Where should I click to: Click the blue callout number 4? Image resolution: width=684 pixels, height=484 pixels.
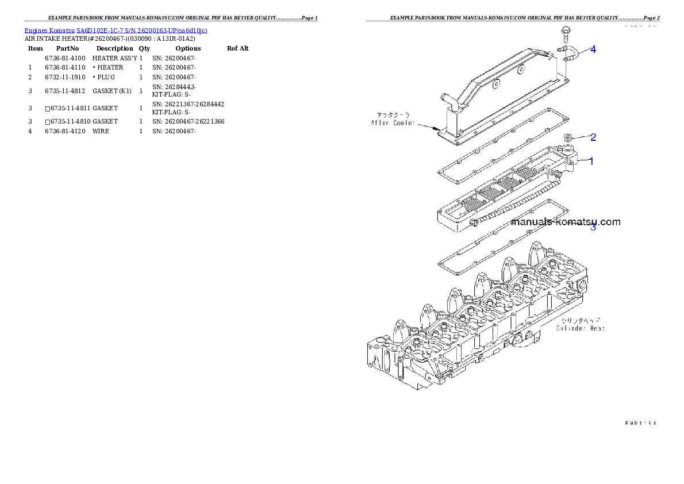point(593,49)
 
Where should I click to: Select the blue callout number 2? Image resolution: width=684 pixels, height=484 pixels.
point(593,137)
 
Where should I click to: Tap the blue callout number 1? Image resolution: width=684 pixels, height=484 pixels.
point(591,162)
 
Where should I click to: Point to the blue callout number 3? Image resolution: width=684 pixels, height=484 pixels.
point(593,228)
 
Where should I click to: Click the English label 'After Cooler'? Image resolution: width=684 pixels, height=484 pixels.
point(393,123)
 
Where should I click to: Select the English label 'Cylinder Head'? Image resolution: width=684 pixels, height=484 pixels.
point(580,329)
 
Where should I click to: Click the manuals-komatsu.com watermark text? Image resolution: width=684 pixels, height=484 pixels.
point(566,222)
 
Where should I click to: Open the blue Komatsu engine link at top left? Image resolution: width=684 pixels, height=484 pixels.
point(116,30)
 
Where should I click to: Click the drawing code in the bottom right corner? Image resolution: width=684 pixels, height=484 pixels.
point(639,423)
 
